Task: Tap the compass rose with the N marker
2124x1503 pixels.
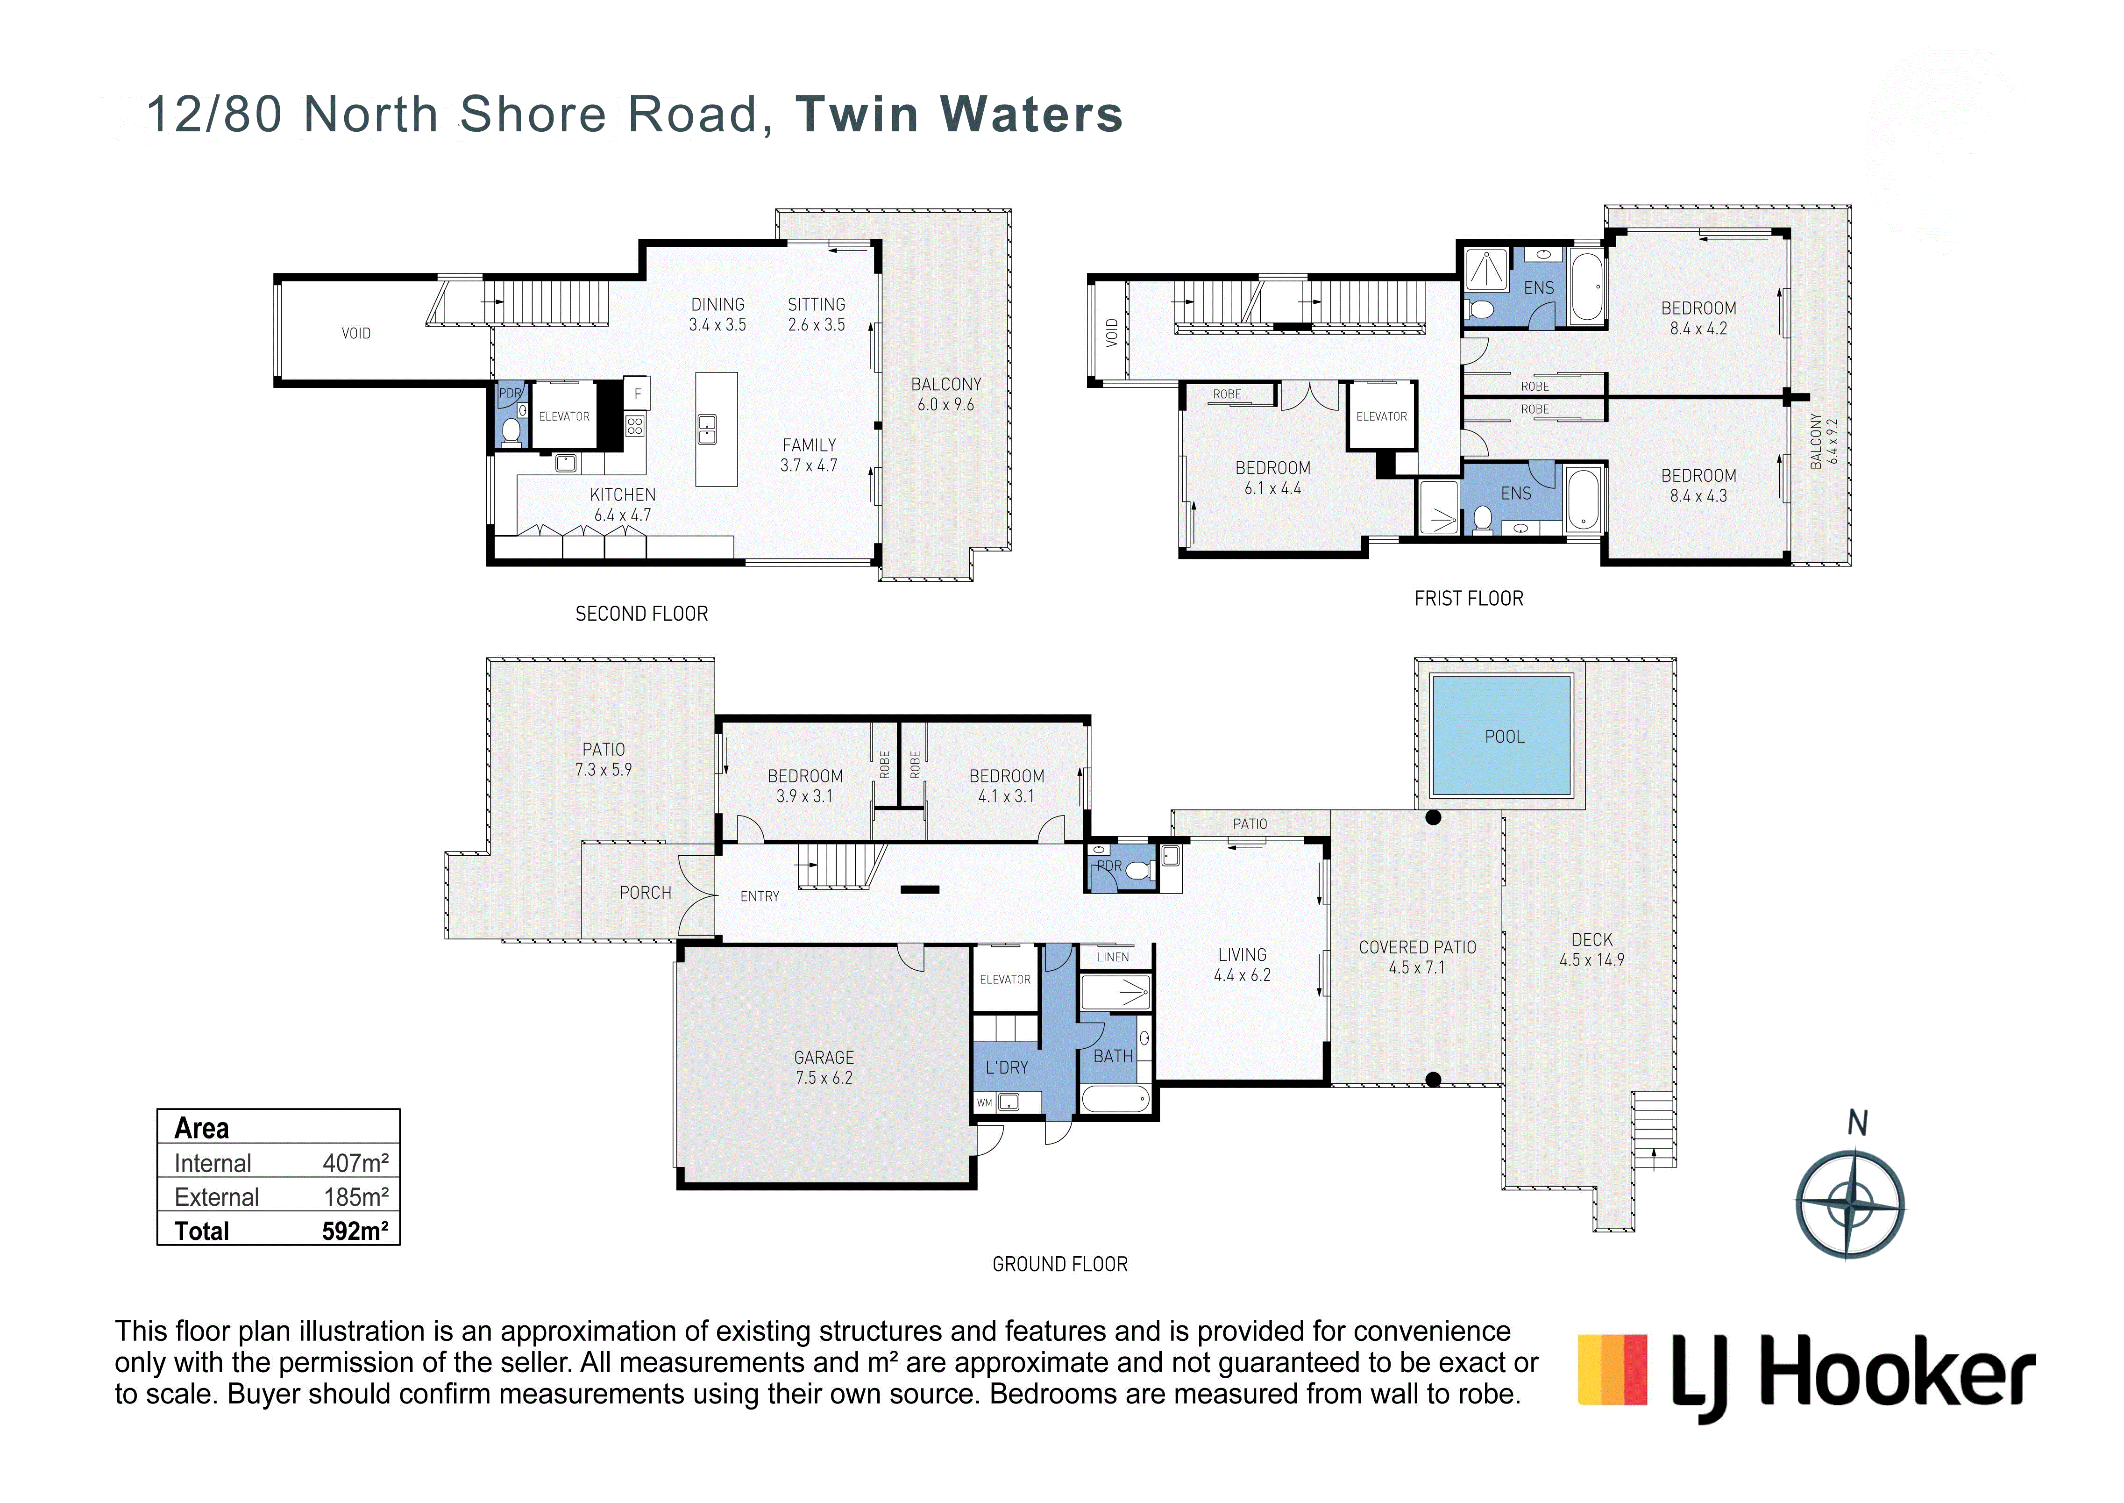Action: click(x=1849, y=1204)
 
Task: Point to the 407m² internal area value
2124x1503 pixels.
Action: click(x=355, y=1162)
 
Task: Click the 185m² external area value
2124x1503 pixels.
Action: click(x=355, y=1197)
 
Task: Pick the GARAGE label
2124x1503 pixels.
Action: click(x=824, y=1057)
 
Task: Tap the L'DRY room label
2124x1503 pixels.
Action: click(x=1007, y=1067)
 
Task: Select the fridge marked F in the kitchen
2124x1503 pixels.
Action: click(x=637, y=394)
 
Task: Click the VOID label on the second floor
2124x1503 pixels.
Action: click(x=356, y=333)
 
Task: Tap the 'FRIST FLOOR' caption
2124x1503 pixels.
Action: click(x=1468, y=599)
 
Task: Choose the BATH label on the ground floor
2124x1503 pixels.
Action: click(x=1113, y=1056)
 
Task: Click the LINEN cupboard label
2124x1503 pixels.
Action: click(x=1113, y=957)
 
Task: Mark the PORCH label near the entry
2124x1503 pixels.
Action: click(x=645, y=892)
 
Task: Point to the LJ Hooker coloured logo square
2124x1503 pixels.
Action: click(x=1613, y=1370)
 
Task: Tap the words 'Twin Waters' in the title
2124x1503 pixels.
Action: click(x=959, y=115)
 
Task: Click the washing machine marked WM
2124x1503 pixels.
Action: click(x=984, y=1102)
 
